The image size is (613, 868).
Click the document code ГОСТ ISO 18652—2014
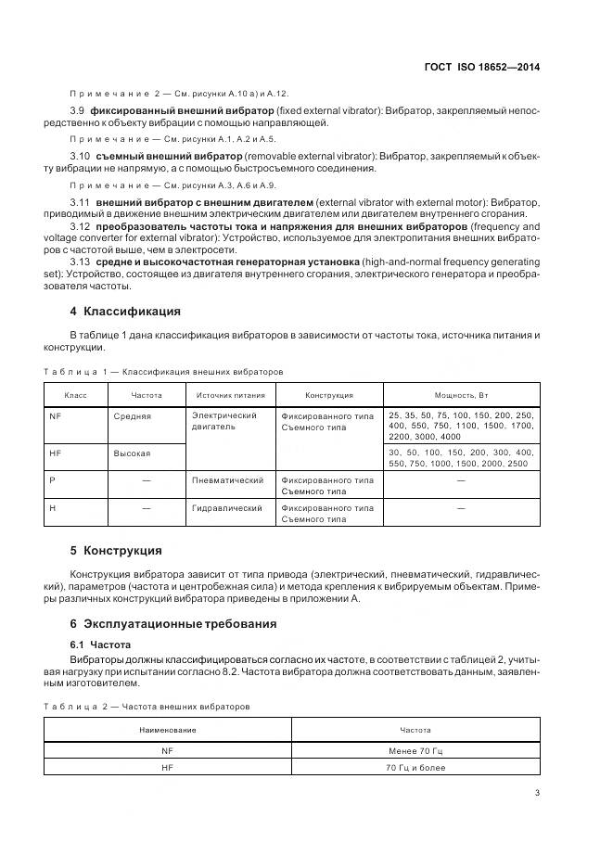[481, 67]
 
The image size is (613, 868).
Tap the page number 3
[537, 792]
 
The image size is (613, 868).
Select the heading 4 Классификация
[125, 311]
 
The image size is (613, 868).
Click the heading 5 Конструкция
[116, 550]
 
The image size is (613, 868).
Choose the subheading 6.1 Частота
[102, 644]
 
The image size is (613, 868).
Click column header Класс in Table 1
[75, 395]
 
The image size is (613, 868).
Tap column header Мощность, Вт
[461, 395]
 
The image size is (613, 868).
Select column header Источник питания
[230, 395]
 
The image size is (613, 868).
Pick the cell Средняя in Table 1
[132, 416]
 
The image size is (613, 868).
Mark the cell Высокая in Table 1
[132, 453]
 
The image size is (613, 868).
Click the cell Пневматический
[227, 480]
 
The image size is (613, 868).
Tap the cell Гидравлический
[227, 508]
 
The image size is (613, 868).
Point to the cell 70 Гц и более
[415, 768]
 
